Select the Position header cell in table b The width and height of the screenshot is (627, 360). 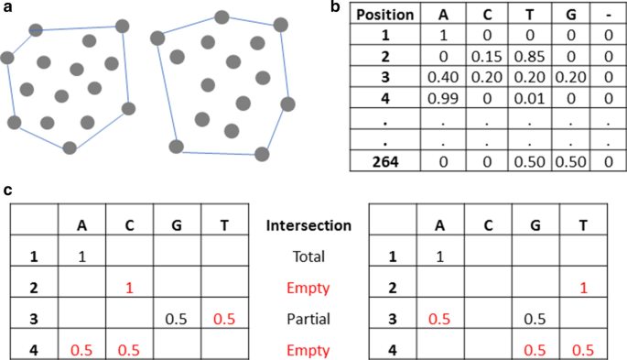pyautogui.click(x=385, y=16)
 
